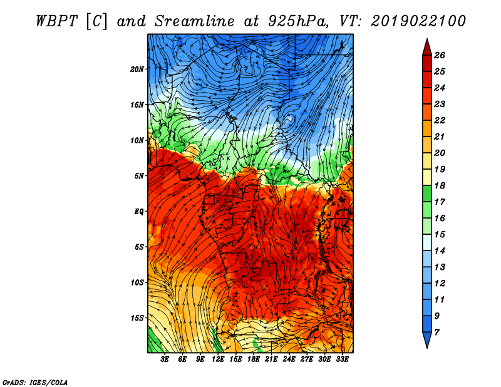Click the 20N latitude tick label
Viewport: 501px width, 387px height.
pos(137,70)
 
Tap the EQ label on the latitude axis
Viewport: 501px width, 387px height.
pos(138,212)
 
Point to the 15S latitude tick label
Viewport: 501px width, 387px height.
pos(137,318)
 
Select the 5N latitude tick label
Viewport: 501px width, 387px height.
pos(139,176)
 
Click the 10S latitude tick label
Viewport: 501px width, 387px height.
pos(137,283)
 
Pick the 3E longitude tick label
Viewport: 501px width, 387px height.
pos(165,359)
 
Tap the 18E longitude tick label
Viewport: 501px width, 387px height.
pos(254,359)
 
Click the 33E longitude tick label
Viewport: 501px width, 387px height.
pos(342,359)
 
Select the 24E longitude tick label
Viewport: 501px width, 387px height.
pos(289,359)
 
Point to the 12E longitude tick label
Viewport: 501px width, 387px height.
pos(218,359)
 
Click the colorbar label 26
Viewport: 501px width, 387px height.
pos(440,55)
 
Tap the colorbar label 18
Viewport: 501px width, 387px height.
pos(440,185)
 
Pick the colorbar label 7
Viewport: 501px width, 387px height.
pos(436,333)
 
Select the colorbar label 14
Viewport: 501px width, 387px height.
pos(440,251)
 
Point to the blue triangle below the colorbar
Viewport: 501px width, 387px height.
pos(427,339)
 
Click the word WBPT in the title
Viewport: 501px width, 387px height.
pos(56,21)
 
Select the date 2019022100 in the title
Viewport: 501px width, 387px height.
pos(418,21)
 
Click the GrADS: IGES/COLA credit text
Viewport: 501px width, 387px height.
pos(35,383)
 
